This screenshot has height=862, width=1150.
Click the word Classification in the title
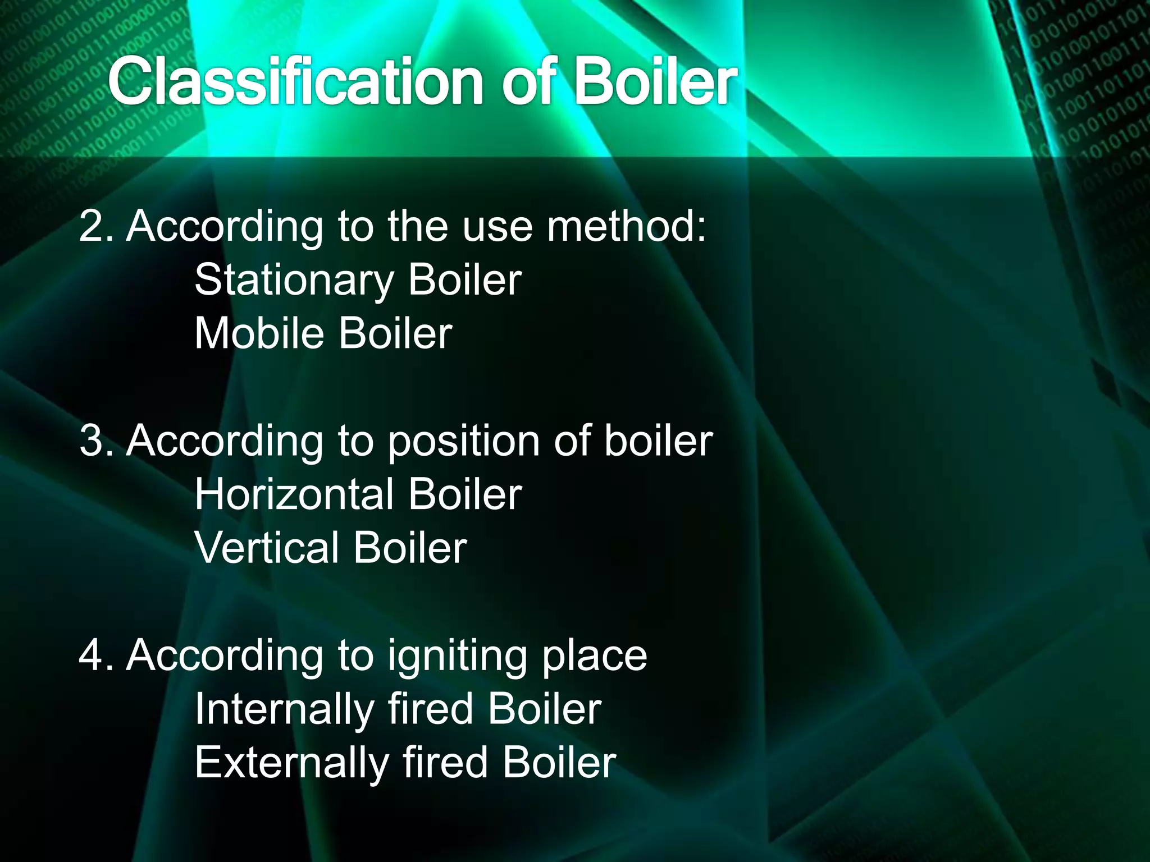point(295,82)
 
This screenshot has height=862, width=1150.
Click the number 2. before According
point(95,227)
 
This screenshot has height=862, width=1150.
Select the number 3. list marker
point(95,441)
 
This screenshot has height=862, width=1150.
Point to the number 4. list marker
point(95,655)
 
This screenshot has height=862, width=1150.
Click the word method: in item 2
point(627,227)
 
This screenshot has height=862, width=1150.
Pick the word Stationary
point(294,281)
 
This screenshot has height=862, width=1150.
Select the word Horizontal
point(294,495)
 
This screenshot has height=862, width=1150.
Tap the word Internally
point(284,709)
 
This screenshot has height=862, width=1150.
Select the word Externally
point(291,763)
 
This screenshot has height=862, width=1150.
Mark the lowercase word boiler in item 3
point(658,441)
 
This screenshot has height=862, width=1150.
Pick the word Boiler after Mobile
point(395,334)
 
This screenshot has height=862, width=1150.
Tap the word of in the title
point(531,82)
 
